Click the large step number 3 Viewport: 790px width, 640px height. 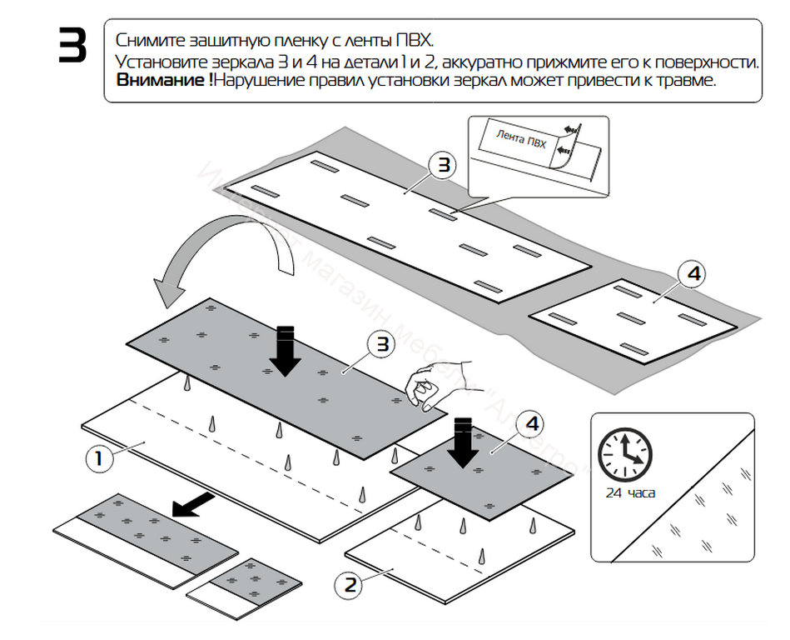tap(72, 47)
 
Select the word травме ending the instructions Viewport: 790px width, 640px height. tap(690, 82)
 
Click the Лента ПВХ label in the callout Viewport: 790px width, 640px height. tap(521, 138)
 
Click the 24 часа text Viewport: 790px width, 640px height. tap(630, 492)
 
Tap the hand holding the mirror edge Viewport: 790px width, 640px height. tap(435, 385)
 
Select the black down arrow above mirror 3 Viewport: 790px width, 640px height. tap(286, 350)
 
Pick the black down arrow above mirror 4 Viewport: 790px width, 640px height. tap(463, 442)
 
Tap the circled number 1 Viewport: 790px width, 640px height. tap(99, 458)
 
